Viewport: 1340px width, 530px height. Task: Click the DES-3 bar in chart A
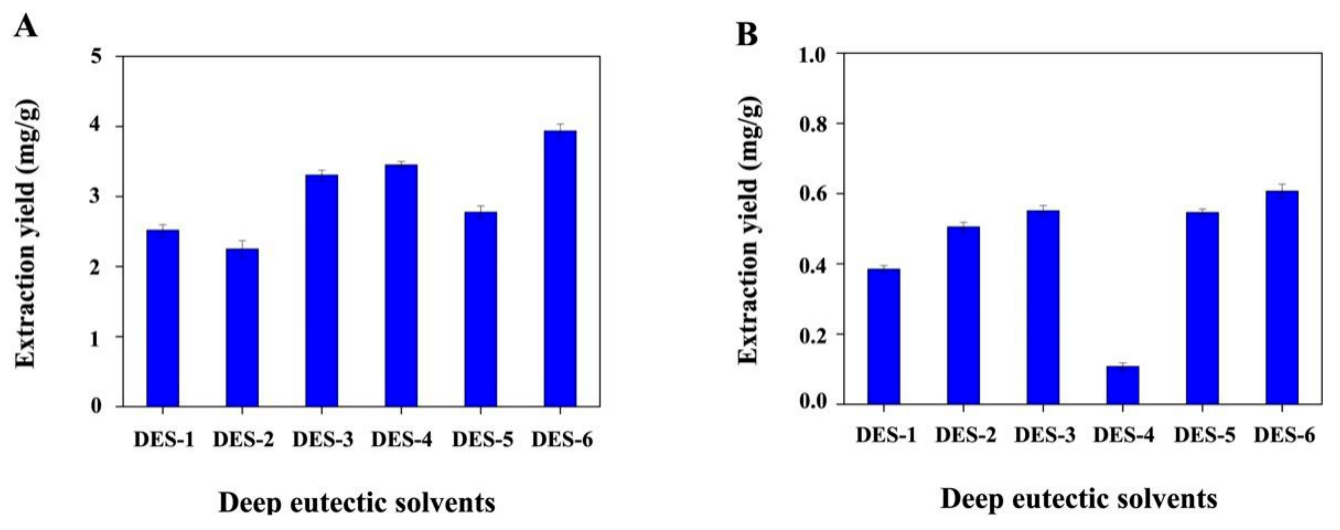(322, 290)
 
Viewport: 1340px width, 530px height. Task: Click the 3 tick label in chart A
(96, 197)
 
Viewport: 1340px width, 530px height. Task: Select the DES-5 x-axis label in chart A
(482, 440)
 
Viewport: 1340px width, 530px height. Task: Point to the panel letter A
(25, 26)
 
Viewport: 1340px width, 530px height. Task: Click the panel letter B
(747, 35)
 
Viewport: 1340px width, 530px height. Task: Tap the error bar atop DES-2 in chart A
(242, 244)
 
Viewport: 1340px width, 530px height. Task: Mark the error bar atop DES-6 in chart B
(1282, 188)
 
